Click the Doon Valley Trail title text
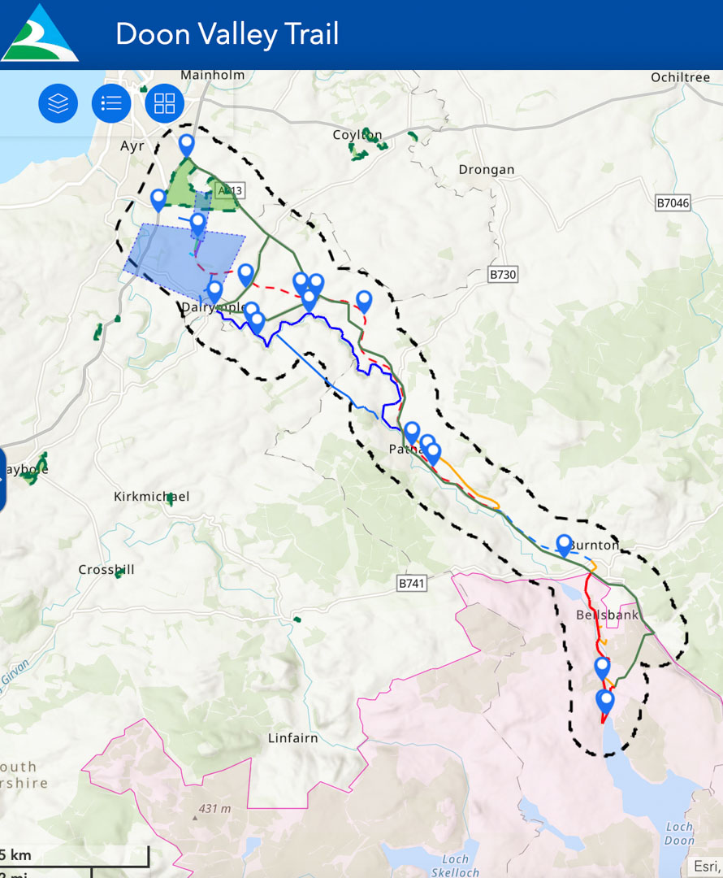coord(227,34)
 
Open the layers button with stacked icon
coord(58,103)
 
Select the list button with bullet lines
coord(111,103)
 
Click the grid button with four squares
coord(165,103)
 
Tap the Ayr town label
coord(132,146)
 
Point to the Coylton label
coord(357,135)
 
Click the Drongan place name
coord(487,170)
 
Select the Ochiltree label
coord(680,77)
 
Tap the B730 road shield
coord(503,275)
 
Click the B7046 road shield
coord(672,202)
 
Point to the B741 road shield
coord(413,583)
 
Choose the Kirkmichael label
coord(152,496)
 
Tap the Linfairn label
coord(293,738)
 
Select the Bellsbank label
coord(607,615)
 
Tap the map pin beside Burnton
coord(564,544)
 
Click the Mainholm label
coord(212,75)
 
